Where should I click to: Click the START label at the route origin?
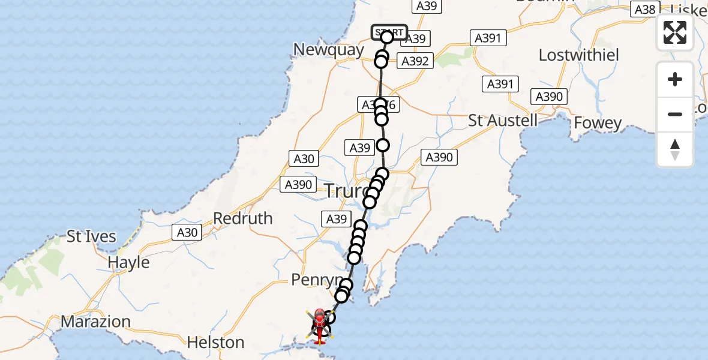coord(389,32)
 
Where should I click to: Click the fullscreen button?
coord(675,32)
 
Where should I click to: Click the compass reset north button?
coord(675,149)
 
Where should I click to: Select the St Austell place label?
coord(503,120)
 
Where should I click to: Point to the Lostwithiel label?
coord(578,55)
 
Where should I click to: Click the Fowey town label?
coord(598,123)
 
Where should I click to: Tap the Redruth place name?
coord(243,218)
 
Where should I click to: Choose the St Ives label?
coord(91,236)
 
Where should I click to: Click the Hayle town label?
coord(128,262)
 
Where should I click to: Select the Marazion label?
coord(96,322)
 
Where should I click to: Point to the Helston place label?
coord(215,343)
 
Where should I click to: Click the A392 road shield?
coord(415,61)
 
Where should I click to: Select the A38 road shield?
coord(644,9)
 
